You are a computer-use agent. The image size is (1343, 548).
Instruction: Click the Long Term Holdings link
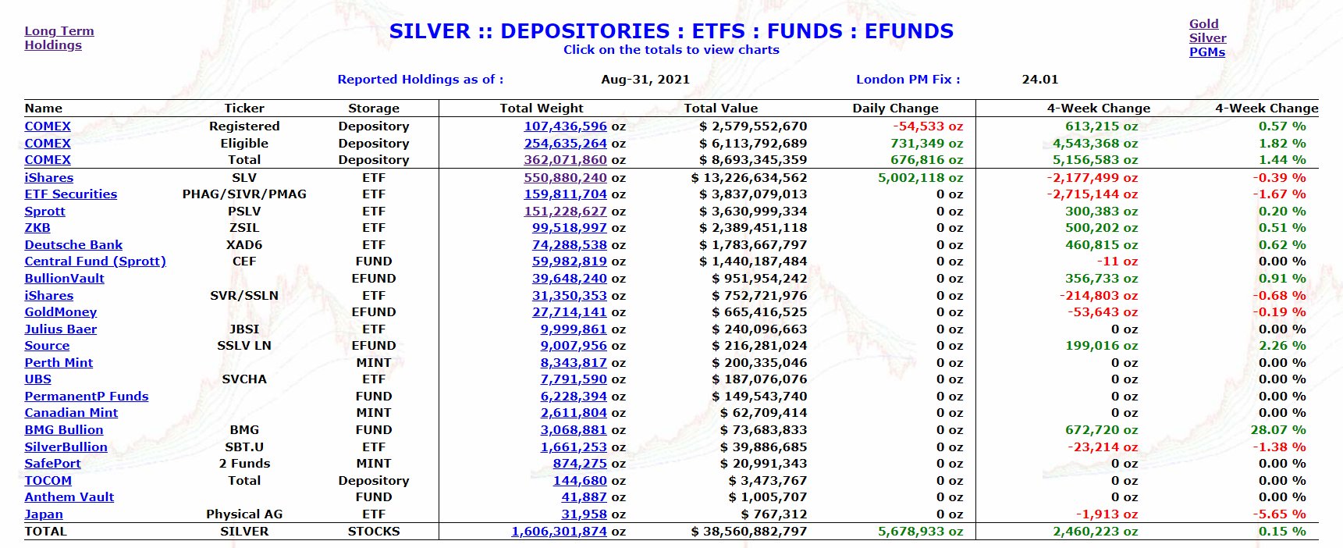[59, 37]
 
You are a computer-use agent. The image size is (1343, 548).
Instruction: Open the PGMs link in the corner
[1206, 52]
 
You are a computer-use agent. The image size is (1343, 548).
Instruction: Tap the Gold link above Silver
[1203, 24]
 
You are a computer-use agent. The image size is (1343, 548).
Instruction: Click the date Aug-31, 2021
[645, 79]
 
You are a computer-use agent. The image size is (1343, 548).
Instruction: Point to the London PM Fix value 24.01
[1039, 79]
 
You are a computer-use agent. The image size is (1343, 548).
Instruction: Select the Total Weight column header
[541, 109]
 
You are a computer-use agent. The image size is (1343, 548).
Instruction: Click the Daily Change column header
[895, 109]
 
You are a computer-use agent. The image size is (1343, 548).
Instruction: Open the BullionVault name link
[64, 279]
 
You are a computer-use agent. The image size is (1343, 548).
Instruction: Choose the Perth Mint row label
[59, 363]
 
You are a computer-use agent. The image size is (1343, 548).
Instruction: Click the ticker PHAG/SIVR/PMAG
[244, 194]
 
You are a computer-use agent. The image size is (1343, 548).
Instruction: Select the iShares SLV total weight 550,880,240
[565, 178]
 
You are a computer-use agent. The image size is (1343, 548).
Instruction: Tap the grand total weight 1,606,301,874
[559, 532]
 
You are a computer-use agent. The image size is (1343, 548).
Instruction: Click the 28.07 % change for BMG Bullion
[1277, 430]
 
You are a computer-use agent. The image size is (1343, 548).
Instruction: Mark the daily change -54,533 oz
[928, 126]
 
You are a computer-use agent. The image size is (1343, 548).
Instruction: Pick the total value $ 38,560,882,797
[749, 532]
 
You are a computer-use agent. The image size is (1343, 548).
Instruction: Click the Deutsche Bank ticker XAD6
[244, 245]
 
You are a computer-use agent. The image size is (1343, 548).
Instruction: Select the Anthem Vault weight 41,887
[584, 497]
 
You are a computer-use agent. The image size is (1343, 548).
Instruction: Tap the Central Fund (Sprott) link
[95, 262]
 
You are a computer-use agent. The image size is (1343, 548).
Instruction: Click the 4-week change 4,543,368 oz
[1095, 144]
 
